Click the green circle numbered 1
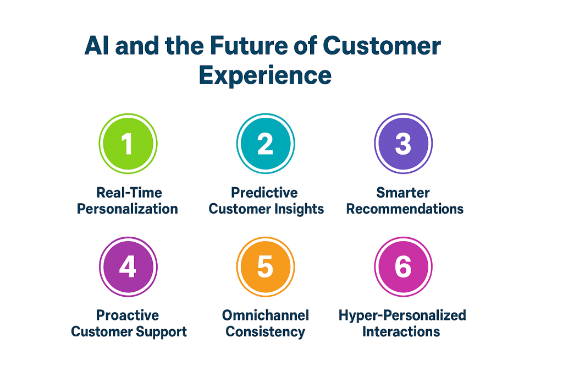(x=128, y=144)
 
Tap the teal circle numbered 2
(x=266, y=144)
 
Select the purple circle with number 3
(x=403, y=144)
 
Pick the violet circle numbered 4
(x=128, y=267)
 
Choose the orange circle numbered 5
(x=266, y=267)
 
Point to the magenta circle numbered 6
(x=403, y=267)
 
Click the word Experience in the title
(x=265, y=75)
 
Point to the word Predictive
(x=264, y=193)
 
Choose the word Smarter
(x=403, y=193)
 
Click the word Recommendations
(x=405, y=209)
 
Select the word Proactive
(x=128, y=315)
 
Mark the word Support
(x=163, y=332)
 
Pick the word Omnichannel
(x=266, y=315)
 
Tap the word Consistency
(x=265, y=332)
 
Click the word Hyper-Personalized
(x=402, y=315)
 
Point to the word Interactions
(x=401, y=332)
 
